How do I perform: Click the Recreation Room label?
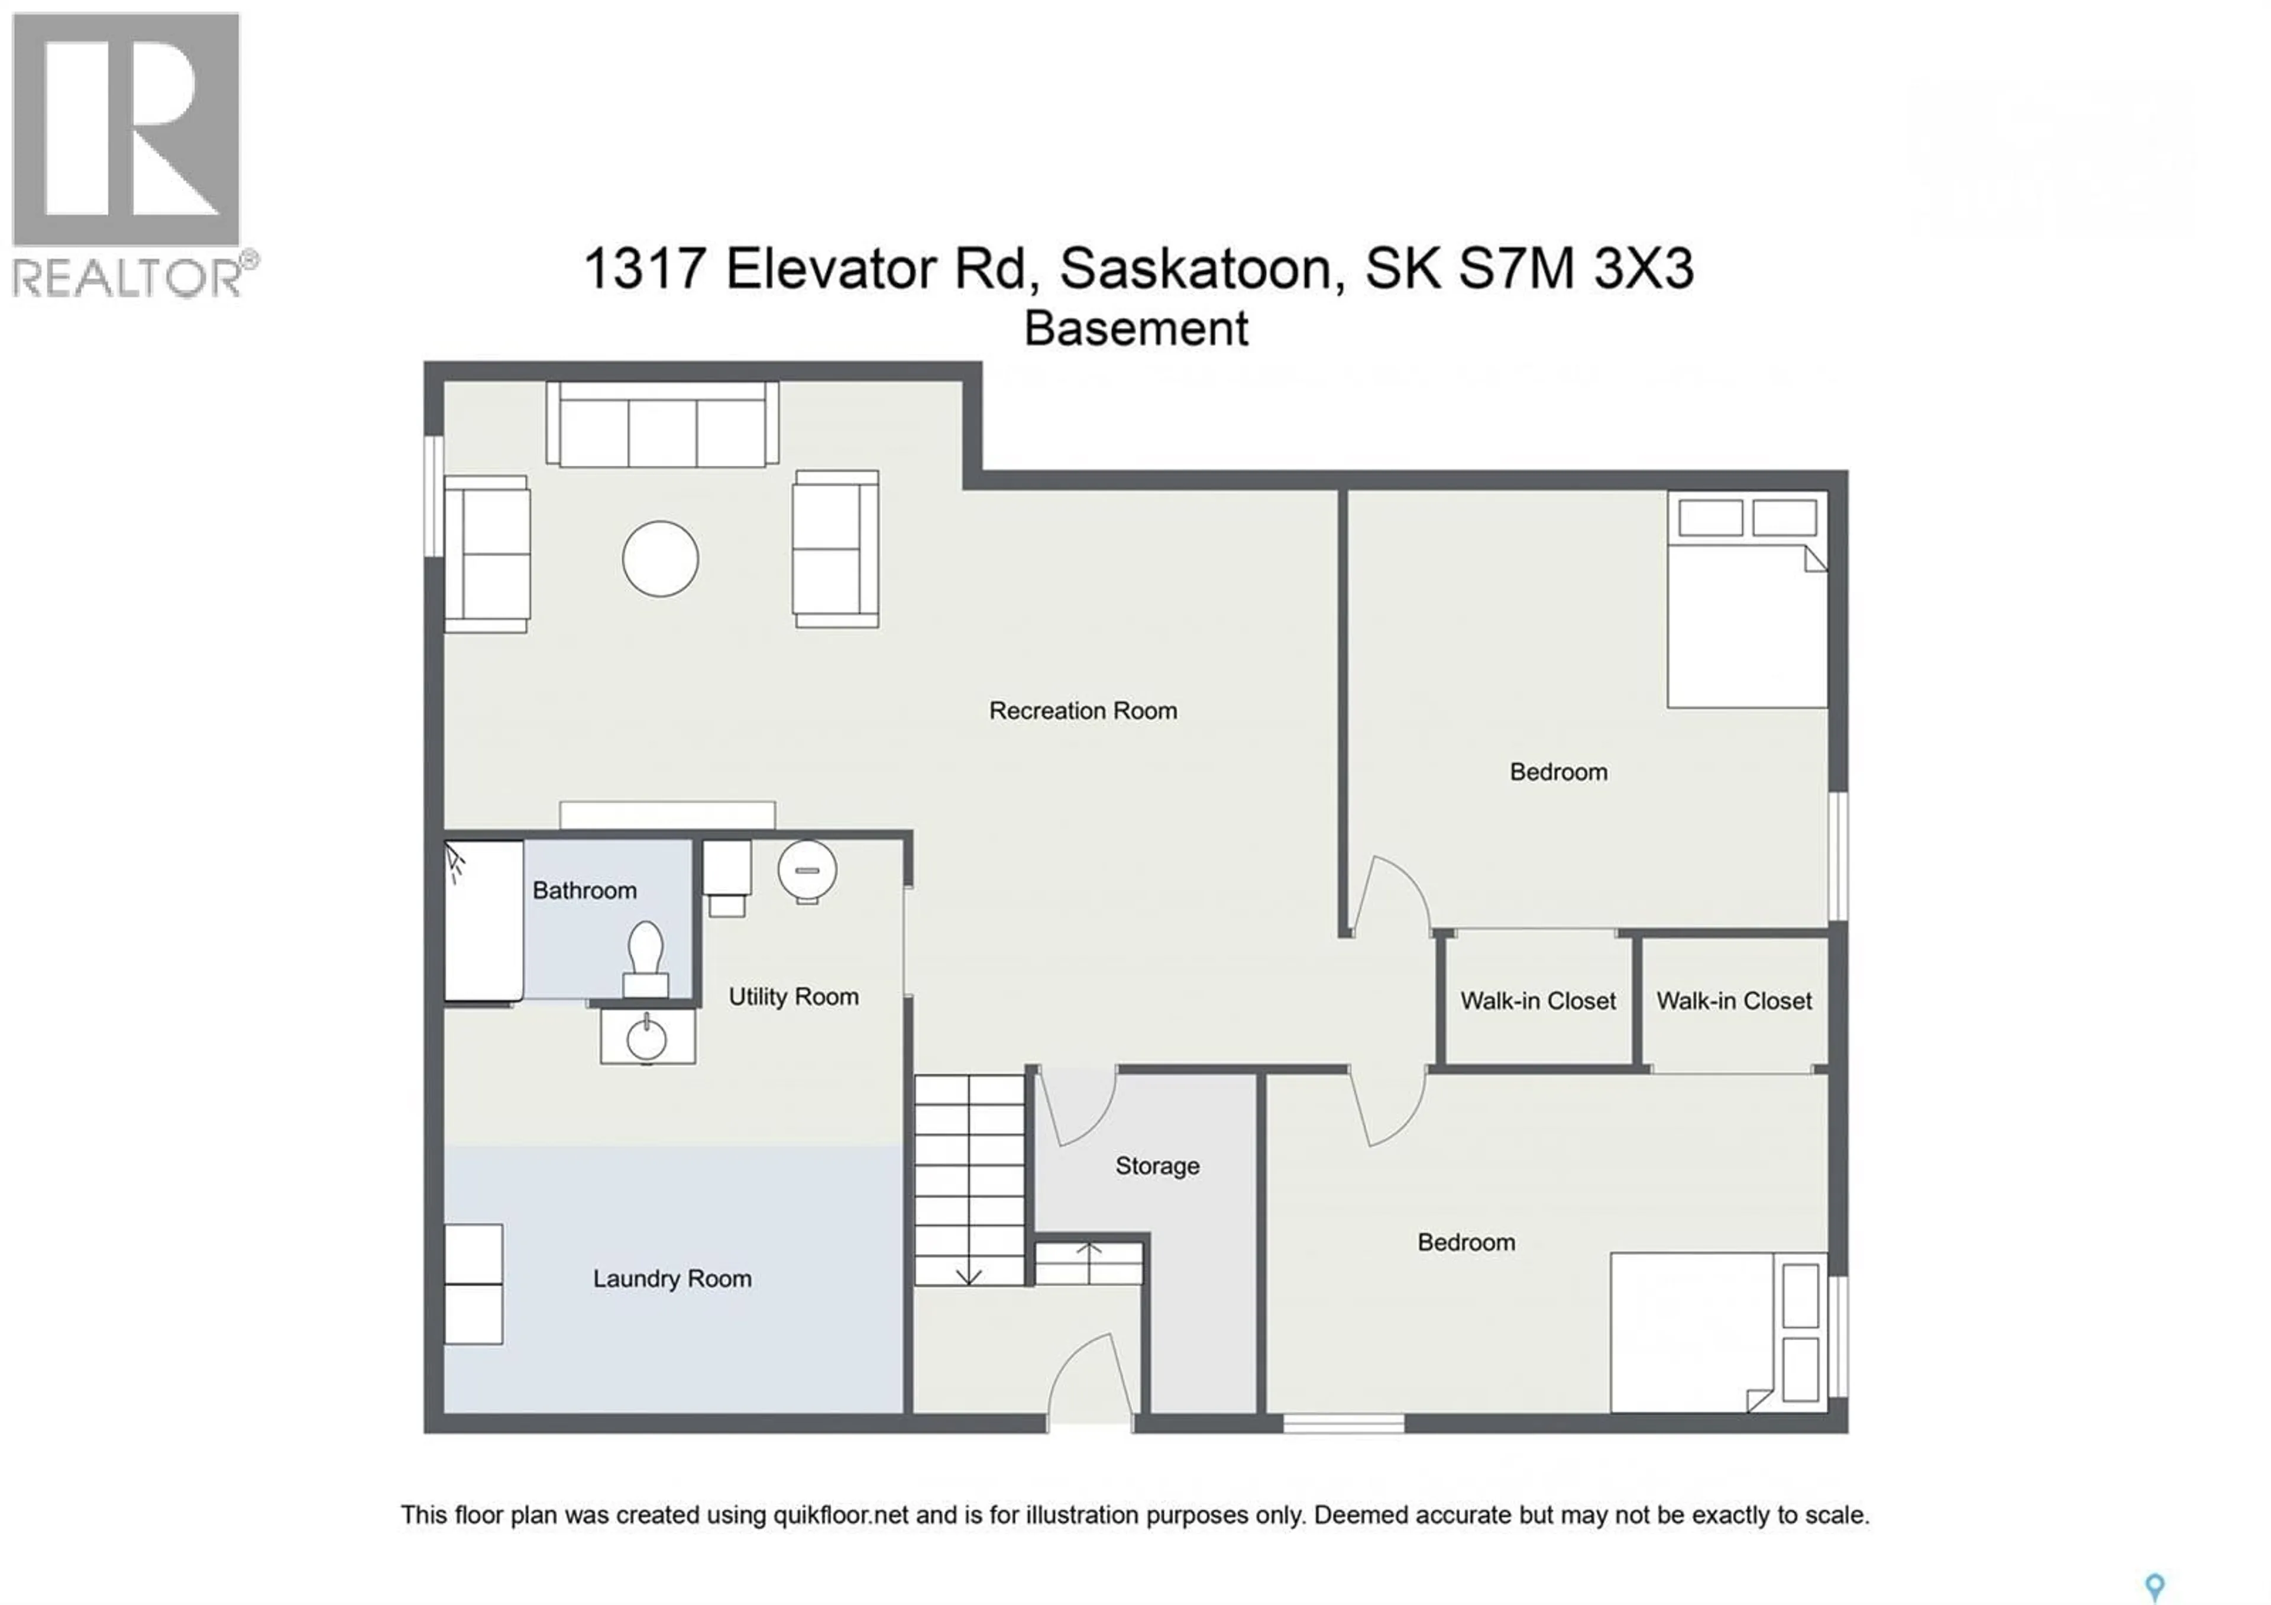pyautogui.click(x=1082, y=711)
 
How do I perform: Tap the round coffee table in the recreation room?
pyautogui.click(x=660, y=559)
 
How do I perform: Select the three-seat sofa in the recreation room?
pyautogui.click(x=662, y=426)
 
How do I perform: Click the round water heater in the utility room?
pyautogui.click(x=807, y=870)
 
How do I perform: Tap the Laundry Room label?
pyautogui.click(x=672, y=1278)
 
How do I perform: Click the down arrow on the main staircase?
pyautogui.click(x=968, y=1275)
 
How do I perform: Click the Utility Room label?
pyautogui.click(x=793, y=997)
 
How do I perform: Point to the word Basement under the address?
pyautogui.click(x=1135, y=328)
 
